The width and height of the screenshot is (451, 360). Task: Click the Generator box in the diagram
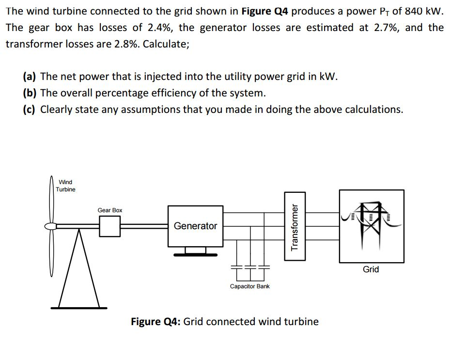pyautogui.click(x=195, y=226)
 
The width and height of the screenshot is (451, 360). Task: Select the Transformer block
pyautogui.click(x=295, y=226)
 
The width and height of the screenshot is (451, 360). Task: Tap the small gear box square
pyautogui.click(x=110, y=226)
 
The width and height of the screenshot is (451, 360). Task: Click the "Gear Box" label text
pyautogui.click(x=110, y=210)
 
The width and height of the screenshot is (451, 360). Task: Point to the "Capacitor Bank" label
pyautogui.click(x=249, y=286)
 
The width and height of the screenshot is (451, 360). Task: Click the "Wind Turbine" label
pyautogui.click(x=65, y=186)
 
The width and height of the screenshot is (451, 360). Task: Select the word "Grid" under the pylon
pyautogui.click(x=371, y=269)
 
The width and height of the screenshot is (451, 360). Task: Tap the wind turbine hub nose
pyautogui.click(x=47, y=226)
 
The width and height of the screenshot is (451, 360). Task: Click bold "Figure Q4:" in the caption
pyautogui.click(x=156, y=322)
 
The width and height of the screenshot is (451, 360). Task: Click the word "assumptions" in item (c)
pyautogui.click(x=151, y=110)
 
